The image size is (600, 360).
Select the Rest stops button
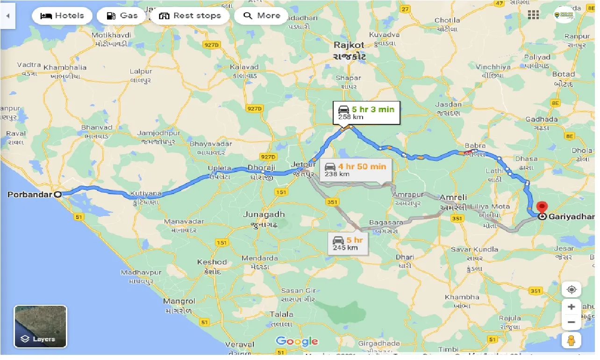(x=190, y=16)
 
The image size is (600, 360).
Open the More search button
(x=261, y=16)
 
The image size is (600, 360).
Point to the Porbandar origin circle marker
(x=58, y=194)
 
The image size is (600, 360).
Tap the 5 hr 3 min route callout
(x=366, y=113)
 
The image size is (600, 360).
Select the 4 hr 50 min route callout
(x=356, y=170)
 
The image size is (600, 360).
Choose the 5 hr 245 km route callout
(x=348, y=244)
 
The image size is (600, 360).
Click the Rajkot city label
(x=349, y=45)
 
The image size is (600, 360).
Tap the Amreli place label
(x=453, y=198)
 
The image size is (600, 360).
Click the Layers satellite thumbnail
(x=41, y=326)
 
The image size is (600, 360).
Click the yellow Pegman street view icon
(x=571, y=340)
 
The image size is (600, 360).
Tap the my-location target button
(x=571, y=290)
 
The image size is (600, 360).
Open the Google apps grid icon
(x=533, y=14)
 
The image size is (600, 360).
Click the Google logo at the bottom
(x=297, y=341)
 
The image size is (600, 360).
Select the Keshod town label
(x=212, y=262)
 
